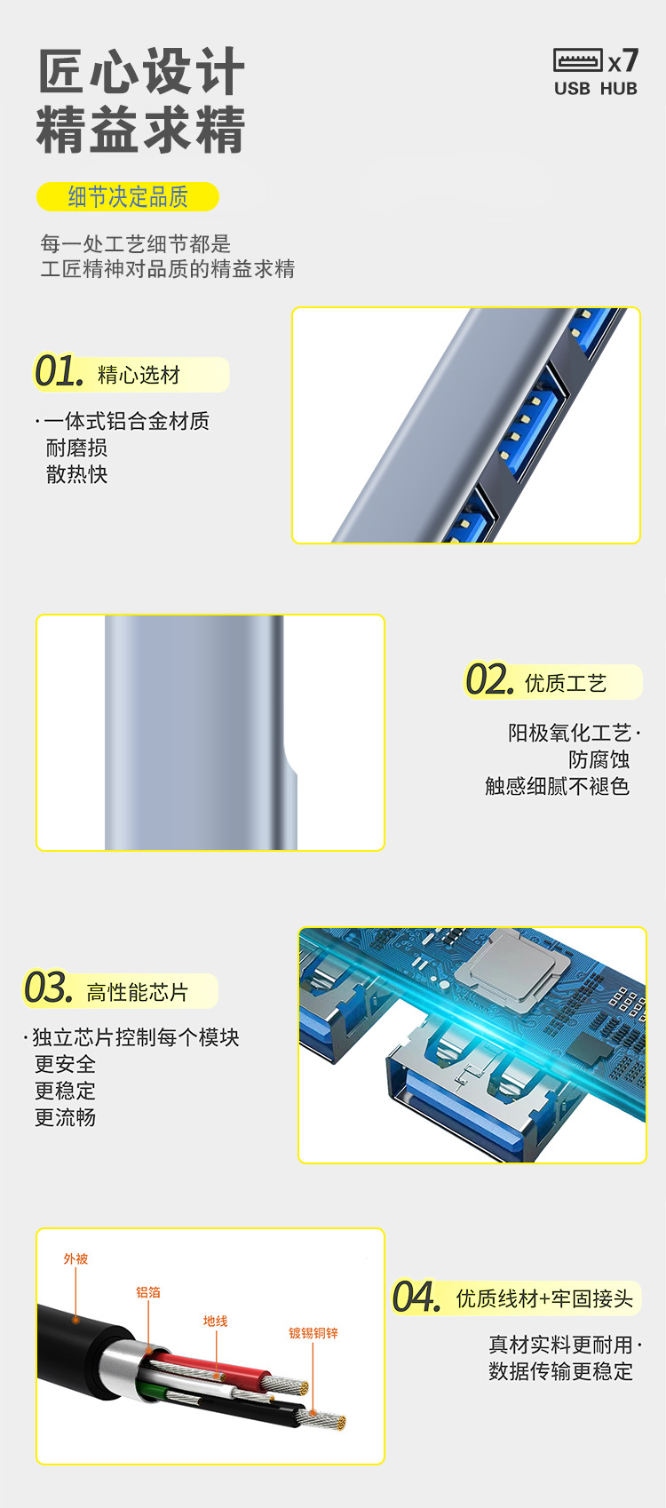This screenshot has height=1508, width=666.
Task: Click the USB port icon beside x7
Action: [578, 60]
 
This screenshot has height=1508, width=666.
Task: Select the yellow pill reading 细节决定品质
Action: [128, 196]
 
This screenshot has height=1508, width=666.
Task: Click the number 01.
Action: [59, 371]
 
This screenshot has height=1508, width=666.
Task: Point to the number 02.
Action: [489, 679]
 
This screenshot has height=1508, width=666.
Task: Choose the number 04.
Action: [416, 1297]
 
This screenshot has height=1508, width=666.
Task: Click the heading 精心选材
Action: [139, 375]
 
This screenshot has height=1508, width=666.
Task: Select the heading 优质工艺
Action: [566, 683]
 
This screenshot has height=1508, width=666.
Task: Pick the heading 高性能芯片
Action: [138, 992]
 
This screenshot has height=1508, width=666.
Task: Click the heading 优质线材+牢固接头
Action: [544, 1298]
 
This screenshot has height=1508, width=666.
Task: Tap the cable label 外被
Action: [76, 1259]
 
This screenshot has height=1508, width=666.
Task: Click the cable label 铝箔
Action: [148, 1292]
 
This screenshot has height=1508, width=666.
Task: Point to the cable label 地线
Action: [216, 1321]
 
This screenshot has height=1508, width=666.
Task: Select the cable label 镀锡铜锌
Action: [313, 1333]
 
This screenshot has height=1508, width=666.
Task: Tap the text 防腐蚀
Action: [599, 759]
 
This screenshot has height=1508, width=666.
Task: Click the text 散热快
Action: [76, 474]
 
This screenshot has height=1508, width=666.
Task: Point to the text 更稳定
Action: [66, 1091]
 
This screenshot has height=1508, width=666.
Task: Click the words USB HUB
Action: [596, 89]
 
